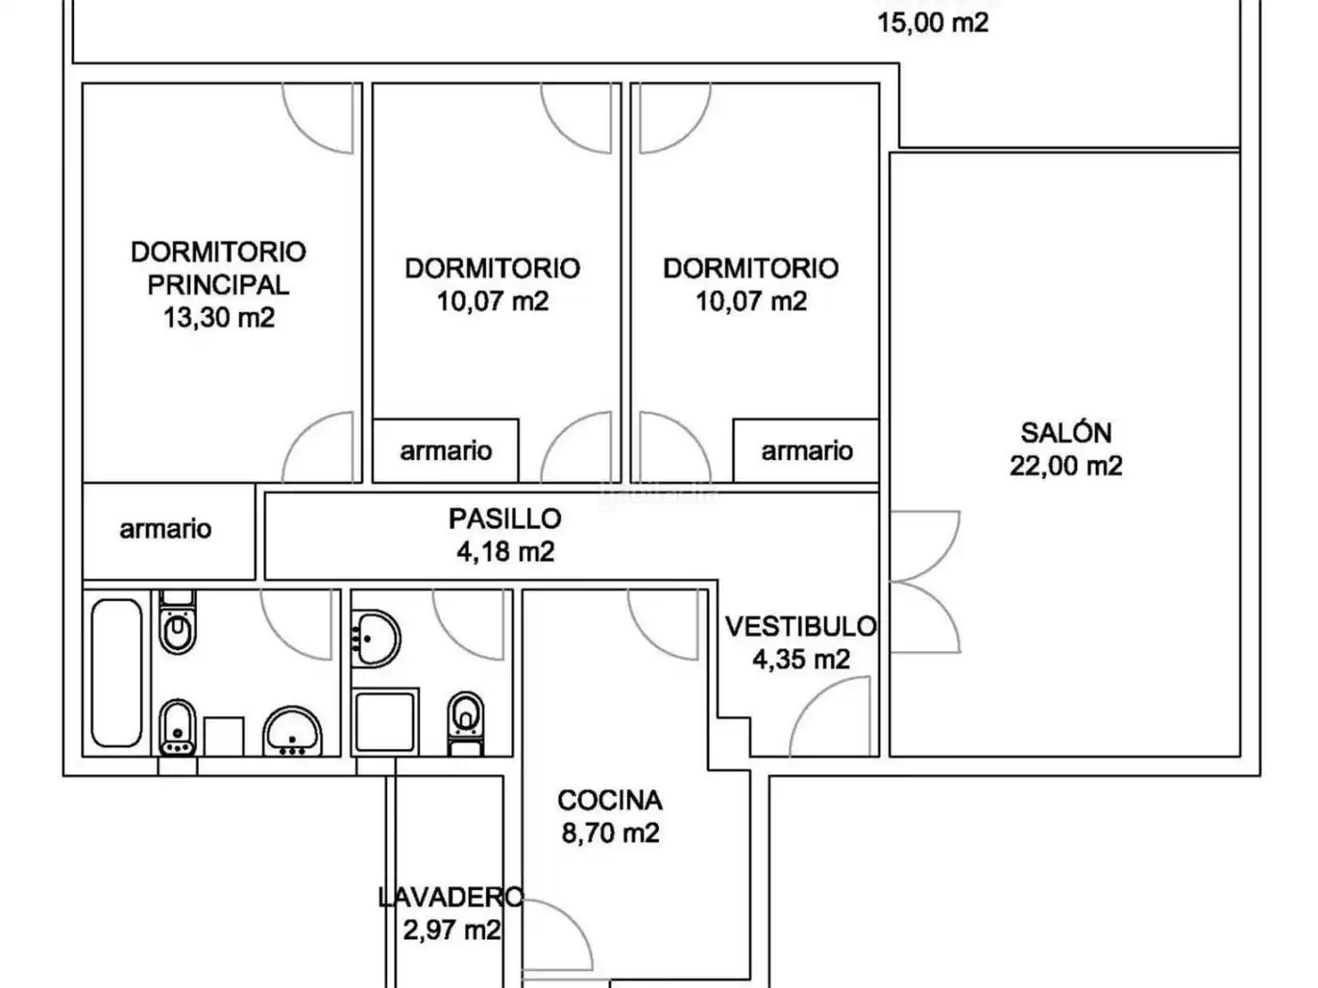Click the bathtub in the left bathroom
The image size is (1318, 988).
[117, 673]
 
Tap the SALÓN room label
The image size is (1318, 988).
[1066, 433]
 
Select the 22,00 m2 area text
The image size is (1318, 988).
[1066, 466]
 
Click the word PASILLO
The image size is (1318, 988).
[505, 518]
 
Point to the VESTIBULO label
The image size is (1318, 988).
[800, 627]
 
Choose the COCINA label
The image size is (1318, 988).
[610, 800]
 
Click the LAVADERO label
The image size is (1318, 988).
[451, 897]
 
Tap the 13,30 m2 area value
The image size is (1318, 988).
[219, 317]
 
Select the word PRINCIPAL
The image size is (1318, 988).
[218, 284]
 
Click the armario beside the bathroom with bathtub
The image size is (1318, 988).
[165, 529]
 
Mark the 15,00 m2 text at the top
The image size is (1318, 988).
[933, 23]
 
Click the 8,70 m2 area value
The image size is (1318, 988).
[610, 833]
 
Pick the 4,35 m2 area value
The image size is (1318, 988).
[801, 660]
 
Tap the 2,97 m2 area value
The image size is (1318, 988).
[452, 930]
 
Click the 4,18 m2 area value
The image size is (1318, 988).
[505, 551]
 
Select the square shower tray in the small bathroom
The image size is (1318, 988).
[385, 721]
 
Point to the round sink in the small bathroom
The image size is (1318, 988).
[377, 639]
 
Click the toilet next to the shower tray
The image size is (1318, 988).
[465, 723]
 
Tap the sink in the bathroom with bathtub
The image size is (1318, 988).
[293, 731]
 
